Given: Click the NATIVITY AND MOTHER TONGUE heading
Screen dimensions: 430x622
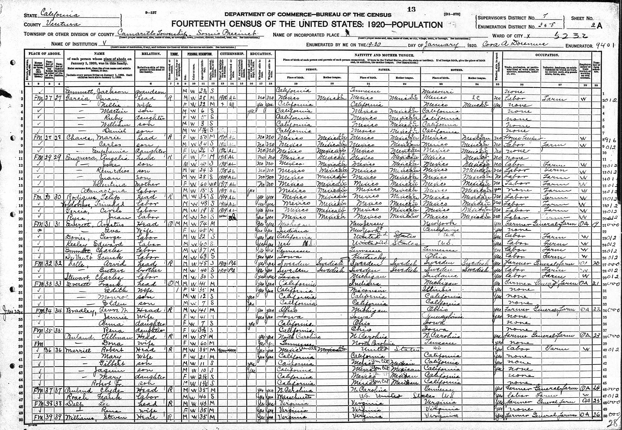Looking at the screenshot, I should click(384, 55).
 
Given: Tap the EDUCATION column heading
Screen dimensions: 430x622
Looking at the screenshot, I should click(261, 54).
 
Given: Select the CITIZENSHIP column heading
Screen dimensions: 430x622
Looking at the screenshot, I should click(232, 54).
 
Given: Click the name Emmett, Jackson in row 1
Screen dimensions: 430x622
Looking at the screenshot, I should click(96, 92).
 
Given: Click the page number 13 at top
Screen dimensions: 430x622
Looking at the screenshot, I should click(411, 9).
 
